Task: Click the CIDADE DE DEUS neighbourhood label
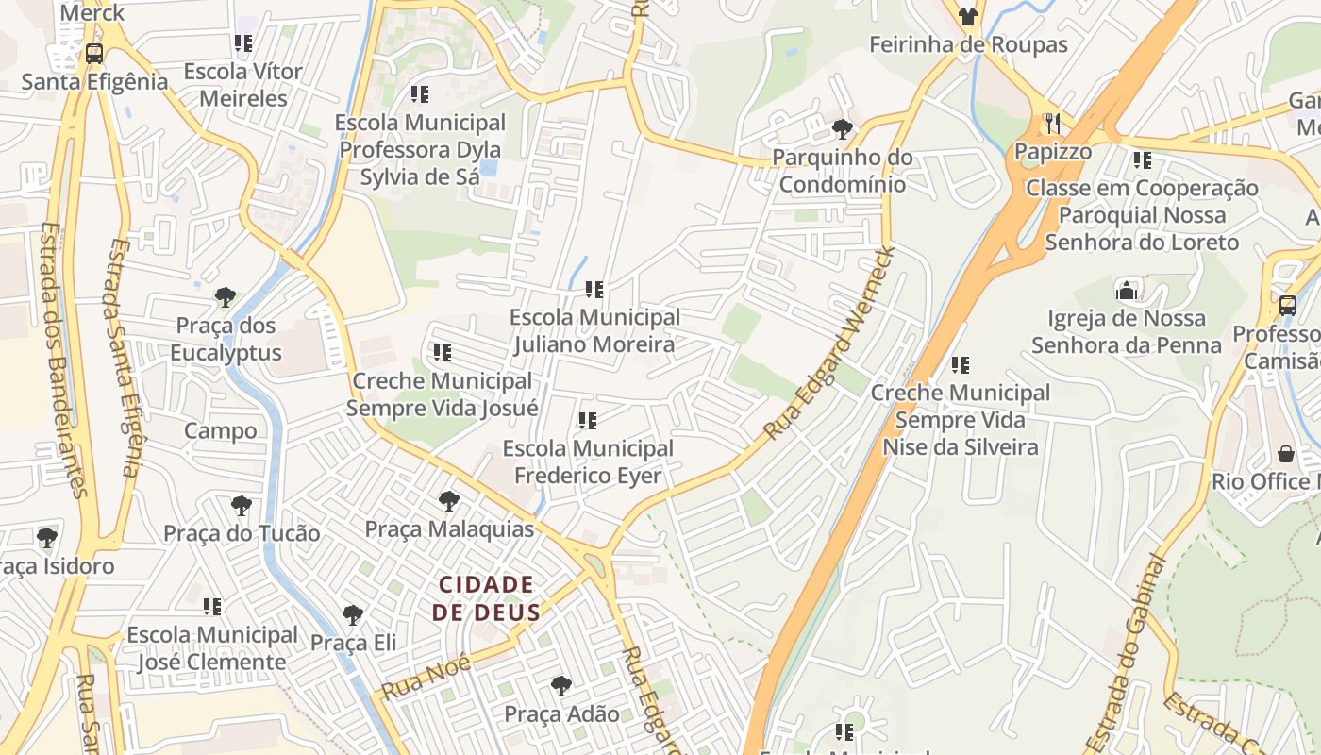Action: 486,598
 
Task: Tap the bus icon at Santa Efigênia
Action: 94,54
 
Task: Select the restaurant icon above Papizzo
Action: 1053,124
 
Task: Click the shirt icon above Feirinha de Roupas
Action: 968,16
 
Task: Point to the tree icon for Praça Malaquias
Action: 449,501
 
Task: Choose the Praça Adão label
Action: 561,713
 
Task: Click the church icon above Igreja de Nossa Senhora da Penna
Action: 1127,291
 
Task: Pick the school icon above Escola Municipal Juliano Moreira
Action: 594,290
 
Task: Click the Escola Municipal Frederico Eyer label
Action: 588,461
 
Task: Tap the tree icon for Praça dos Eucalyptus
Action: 225,298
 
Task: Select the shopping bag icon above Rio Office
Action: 1285,454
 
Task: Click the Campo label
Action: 220,431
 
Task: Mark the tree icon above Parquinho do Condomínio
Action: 842,129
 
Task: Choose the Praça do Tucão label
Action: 242,533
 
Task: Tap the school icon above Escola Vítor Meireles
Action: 243,43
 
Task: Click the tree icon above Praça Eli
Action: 353,615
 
